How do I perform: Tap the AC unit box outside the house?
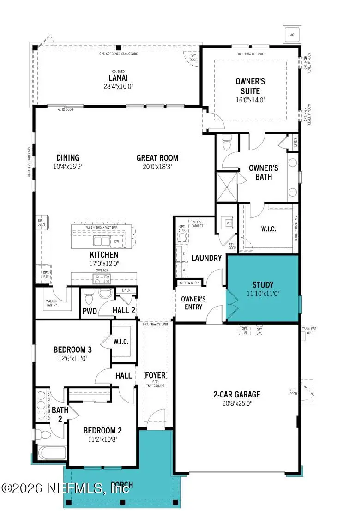[291, 35]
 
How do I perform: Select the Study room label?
[263, 284]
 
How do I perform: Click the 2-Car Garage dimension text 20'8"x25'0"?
[236, 403]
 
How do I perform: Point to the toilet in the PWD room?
[90, 295]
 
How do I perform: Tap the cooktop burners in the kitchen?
[102, 278]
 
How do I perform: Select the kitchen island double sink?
[102, 241]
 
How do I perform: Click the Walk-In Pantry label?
[51, 303]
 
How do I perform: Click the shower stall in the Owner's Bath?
[227, 187]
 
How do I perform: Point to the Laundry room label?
[206, 258]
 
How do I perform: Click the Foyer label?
[155, 375]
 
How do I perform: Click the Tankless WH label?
[309, 330]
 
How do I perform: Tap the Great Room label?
[157, 158]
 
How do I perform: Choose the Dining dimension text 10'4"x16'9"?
[68, 166]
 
